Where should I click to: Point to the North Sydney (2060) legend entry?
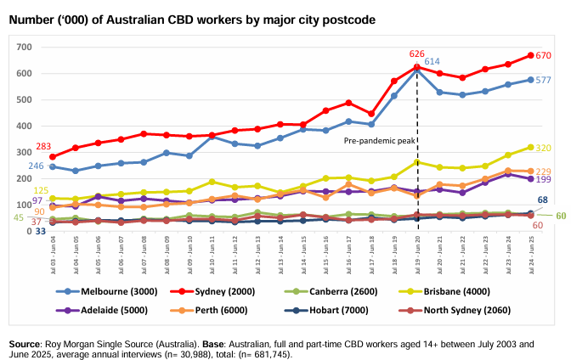(x=489, y=310)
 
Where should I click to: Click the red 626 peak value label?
(x=416, y=53)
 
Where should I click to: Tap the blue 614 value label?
(x=432, y=61)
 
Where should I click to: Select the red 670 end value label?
(x=544, y=55)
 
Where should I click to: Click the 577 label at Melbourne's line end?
(x=544, y=80)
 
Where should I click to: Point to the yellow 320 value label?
(x=544, y=148)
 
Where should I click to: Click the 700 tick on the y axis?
(x=22, y=47)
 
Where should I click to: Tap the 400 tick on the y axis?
(x=22, y=126)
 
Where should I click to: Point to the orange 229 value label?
(x=544, y=172)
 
